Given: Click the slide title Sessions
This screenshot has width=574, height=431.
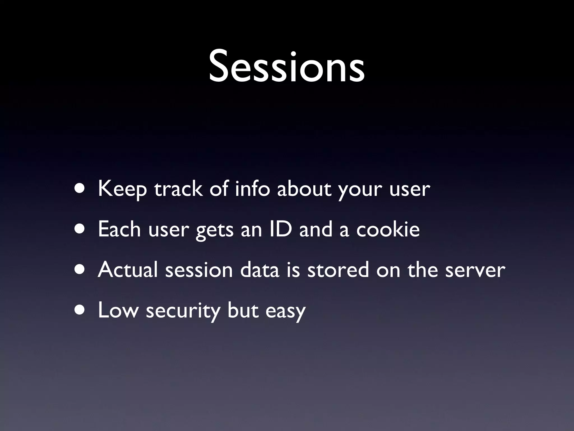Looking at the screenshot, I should (287, 67).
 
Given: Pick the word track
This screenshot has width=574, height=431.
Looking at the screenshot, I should (178, 189).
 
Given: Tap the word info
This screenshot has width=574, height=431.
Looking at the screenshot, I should (252, 189).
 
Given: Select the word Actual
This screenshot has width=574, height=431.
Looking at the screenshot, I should (128, 270).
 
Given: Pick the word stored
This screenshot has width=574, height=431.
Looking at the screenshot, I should (338, 270).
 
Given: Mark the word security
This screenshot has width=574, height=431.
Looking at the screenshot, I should (183, 311).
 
